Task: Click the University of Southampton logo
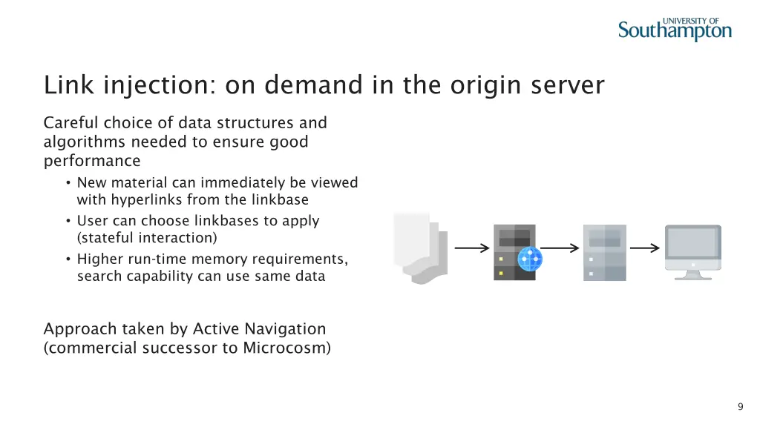(x=675, y=30)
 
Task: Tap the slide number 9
(x=740, y=406)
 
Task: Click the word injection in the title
(x=156, y=86)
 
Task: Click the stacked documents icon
(x=420, y=248)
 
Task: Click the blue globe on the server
(x=530, y=259)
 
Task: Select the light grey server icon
(x=605, y=252)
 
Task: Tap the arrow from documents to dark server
(x=472, y=248)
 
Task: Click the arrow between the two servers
(x=560, y=248)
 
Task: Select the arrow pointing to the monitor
(x=644, y=248)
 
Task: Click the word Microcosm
(x=286, y=348)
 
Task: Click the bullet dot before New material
(x=68, y=183)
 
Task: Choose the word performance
(x=92, y=161)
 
